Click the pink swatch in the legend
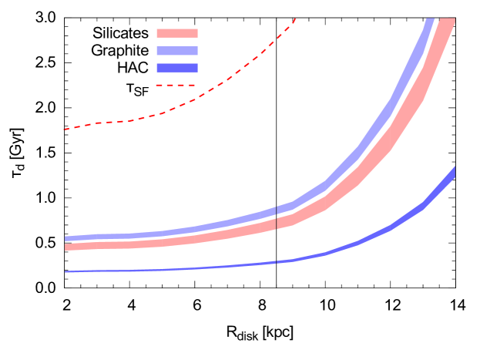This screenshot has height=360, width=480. pos(176,33)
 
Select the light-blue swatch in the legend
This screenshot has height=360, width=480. pos(176,51)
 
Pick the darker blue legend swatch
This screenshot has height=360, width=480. pos(176,68)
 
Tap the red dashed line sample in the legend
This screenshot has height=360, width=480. pos(175,85)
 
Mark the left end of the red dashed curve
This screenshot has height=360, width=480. pos(65,130)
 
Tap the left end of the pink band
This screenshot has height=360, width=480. pos(66,247)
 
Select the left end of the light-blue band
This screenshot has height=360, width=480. pos(66,239)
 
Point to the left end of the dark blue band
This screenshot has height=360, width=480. pos(66,271)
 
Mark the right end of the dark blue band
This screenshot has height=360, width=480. pos(454,171)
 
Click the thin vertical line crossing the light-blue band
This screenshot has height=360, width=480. pos(276,211)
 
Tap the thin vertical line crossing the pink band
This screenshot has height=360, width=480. pos(276,223)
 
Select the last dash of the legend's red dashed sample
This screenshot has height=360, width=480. pos(190,85)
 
